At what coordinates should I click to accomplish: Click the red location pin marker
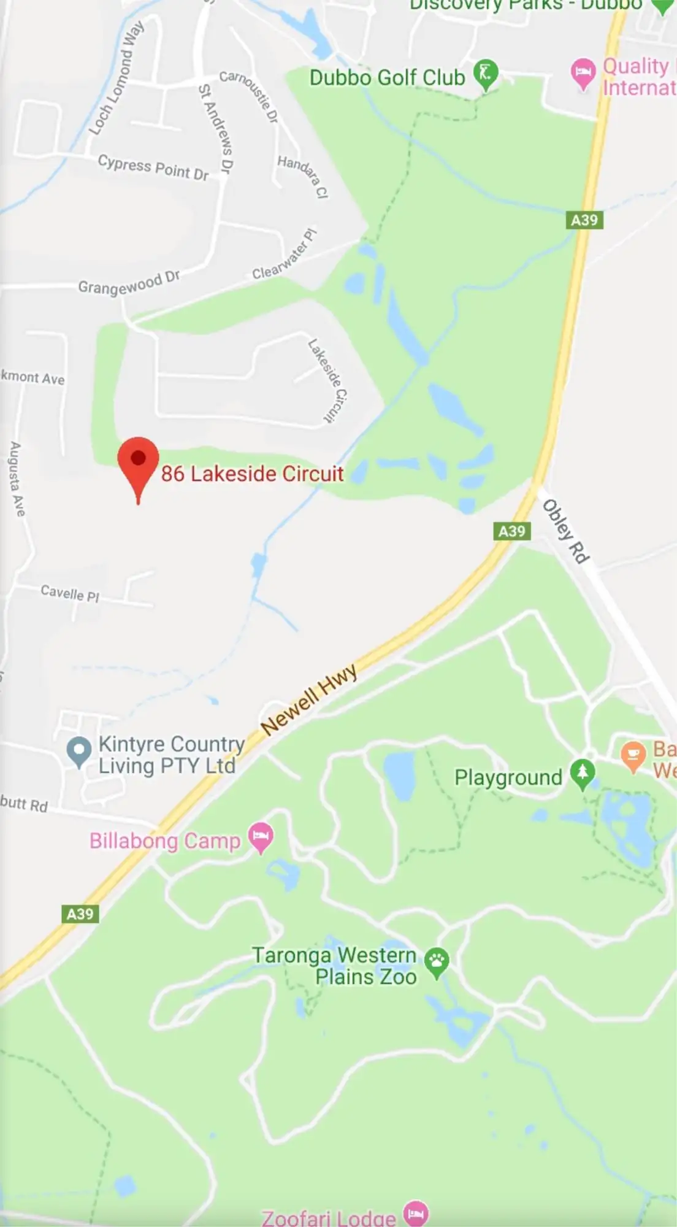click(138, 460)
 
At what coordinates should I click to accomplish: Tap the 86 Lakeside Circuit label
click(252, 474)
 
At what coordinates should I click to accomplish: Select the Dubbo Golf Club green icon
click(486, 74)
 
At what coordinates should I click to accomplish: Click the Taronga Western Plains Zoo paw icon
click(437, 961)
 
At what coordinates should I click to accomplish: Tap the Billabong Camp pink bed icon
click(261, 837)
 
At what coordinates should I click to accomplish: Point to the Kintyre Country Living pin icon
click(78, 750)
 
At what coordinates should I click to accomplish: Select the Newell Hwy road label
click(308, 699)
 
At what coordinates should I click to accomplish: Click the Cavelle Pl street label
click(70, 593)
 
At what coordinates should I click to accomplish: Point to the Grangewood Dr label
click(129, 283)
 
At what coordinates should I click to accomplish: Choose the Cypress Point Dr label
click(153, 167)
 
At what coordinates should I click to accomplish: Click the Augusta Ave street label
click(17, 479)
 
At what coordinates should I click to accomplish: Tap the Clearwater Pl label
click(285, 255)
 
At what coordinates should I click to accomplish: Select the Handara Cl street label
click(303, 176)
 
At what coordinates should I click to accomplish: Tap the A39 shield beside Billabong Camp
click(80, 914)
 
